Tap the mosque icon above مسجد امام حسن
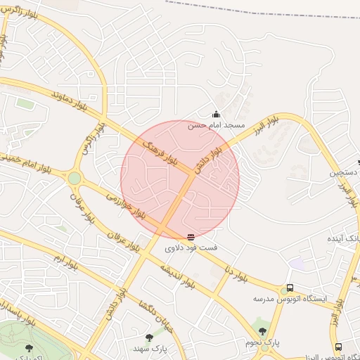click(x=216, y=115)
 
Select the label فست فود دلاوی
click(x=191, y=248)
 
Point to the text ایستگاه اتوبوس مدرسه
click(x=290, y=299)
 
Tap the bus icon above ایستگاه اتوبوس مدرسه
click(x=290, y=288)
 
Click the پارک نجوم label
click(x=262, y=342)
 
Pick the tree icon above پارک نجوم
click(x=262, y=330)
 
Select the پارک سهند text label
click(x=149, y=348)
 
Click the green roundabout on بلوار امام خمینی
click(x=74, y=178)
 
